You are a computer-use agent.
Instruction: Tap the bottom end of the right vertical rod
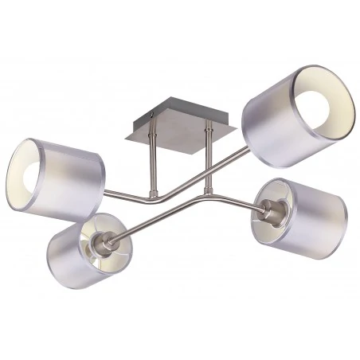tap(209, 190)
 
